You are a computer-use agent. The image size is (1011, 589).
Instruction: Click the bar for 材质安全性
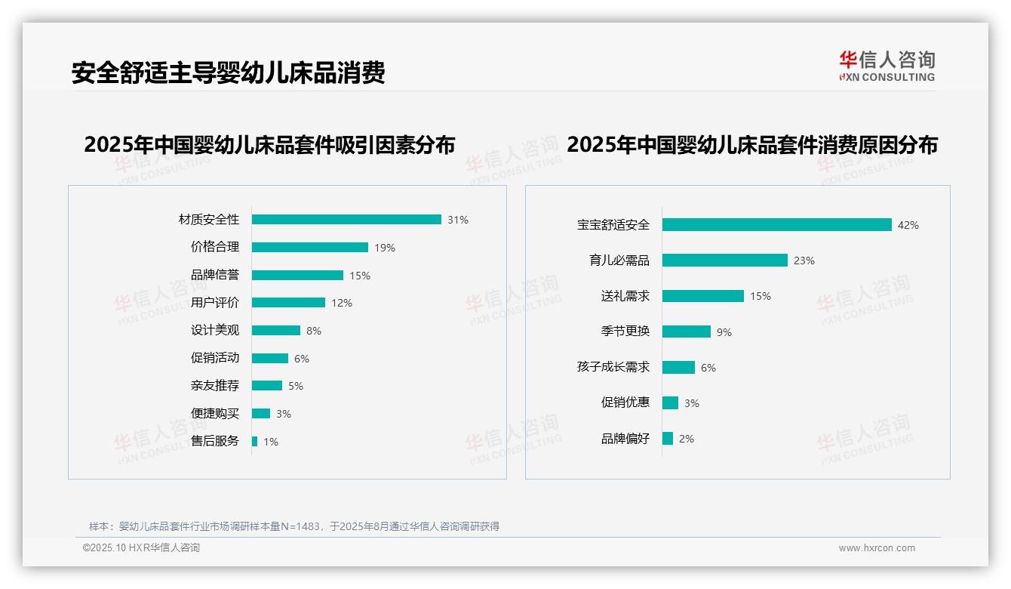pos(346,220)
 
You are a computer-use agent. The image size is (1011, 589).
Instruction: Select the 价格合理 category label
pos(215,247)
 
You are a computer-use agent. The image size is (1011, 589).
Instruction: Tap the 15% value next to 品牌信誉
pos(360,276)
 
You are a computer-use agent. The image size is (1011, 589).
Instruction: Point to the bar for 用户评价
pos(288,303)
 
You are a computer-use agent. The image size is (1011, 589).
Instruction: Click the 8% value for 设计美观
pos(314,331)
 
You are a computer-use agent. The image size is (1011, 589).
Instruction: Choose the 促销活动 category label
pos(215,358)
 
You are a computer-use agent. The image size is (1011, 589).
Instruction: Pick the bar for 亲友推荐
pos(267,386)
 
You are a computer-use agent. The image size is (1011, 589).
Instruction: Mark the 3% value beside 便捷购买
pos(283,414)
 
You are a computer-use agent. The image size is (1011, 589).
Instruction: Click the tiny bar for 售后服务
pos(254,441)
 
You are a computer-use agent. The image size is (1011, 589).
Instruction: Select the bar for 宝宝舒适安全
pos(777,225)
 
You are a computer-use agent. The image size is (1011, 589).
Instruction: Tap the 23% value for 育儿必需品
pos(804,261)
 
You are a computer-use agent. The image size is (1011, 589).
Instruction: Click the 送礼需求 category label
pos(625,296)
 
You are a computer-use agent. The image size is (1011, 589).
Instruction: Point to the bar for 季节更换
pos(687,332)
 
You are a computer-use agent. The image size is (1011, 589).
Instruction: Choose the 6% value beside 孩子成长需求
pos(708,368)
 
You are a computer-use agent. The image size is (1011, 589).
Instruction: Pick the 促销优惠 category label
pos(625,402)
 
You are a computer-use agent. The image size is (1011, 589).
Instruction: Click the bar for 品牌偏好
pos(668,438)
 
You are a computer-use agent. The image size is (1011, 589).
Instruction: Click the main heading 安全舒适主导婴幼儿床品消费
pos(228,72)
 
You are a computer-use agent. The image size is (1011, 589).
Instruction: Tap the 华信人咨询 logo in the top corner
pos(887,66)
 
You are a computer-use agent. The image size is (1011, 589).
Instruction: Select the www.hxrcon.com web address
pos(877,548)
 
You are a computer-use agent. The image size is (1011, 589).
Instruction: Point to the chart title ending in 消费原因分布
pos(751,144)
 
